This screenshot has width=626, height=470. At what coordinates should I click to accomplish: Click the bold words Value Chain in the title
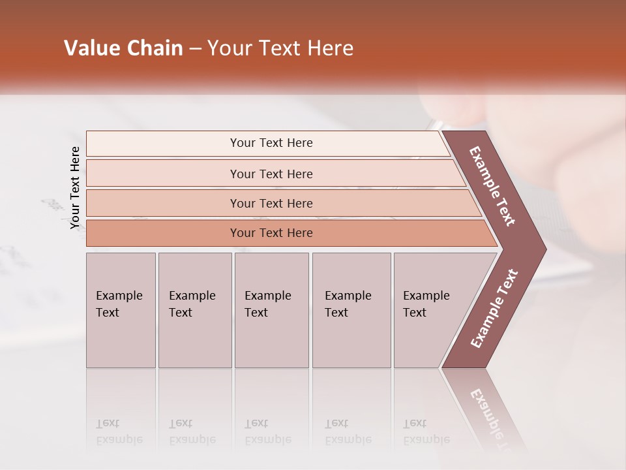[123, 48]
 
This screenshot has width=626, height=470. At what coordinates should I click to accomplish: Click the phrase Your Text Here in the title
[280, 48]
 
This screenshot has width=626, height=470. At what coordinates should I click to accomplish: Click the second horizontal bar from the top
[271, 174]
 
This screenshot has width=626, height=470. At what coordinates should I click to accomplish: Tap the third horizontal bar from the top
[271, 203]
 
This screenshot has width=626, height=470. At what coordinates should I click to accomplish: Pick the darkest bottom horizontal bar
[271, 233]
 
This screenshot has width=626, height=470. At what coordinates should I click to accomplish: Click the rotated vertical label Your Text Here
[75, 188]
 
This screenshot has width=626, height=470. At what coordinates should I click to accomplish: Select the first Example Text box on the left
[121, 310]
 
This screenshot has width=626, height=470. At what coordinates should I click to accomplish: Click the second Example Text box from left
[194, 310]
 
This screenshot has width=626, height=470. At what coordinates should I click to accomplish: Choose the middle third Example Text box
[271, 310]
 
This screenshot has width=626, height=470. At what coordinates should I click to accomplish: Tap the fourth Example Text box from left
[351, 310]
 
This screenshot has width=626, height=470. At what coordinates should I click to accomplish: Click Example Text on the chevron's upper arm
[493, 186]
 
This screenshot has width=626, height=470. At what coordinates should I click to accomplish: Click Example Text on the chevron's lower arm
[494, 309]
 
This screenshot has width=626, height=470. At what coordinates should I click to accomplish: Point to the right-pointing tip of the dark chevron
[544, 249]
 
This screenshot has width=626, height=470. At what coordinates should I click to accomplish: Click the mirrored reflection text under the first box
[119, 431]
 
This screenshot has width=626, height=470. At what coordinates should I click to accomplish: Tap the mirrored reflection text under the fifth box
[426, 431]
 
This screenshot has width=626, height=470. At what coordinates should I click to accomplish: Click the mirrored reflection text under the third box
[267, 431]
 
